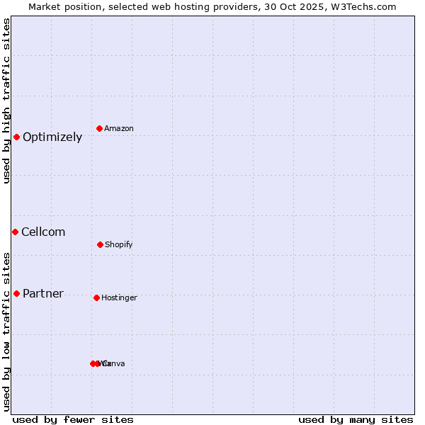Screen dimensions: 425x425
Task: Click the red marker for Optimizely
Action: click(x=17, y=137)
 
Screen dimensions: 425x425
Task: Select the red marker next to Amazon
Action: click(x=100, y=128)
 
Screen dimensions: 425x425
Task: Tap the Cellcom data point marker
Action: click(x=15, y=232)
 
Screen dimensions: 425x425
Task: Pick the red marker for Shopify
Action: click(x=100, y=244)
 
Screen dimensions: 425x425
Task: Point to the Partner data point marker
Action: click(x=17, y=293)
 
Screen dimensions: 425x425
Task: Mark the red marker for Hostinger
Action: click(x=96, y=297)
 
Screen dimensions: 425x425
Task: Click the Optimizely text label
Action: click(x=52, y=137)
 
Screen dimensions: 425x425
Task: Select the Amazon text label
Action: click(x=119, y=129)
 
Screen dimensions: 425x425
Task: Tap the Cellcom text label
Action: click(x=43, y=232)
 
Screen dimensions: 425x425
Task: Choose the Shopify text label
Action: click(x=119, y=245)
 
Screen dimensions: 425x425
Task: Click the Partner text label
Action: click(x=43, y=294)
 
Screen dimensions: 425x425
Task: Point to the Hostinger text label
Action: click(x=119, y=298)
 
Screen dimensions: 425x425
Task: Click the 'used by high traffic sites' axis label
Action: click(x=7, y=101)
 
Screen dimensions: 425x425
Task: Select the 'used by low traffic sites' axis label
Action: click(x=7, y=331)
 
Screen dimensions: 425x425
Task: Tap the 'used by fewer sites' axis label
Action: click(x=73, y=420)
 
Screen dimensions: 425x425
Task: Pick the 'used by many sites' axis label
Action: click(x=356, y=420)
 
